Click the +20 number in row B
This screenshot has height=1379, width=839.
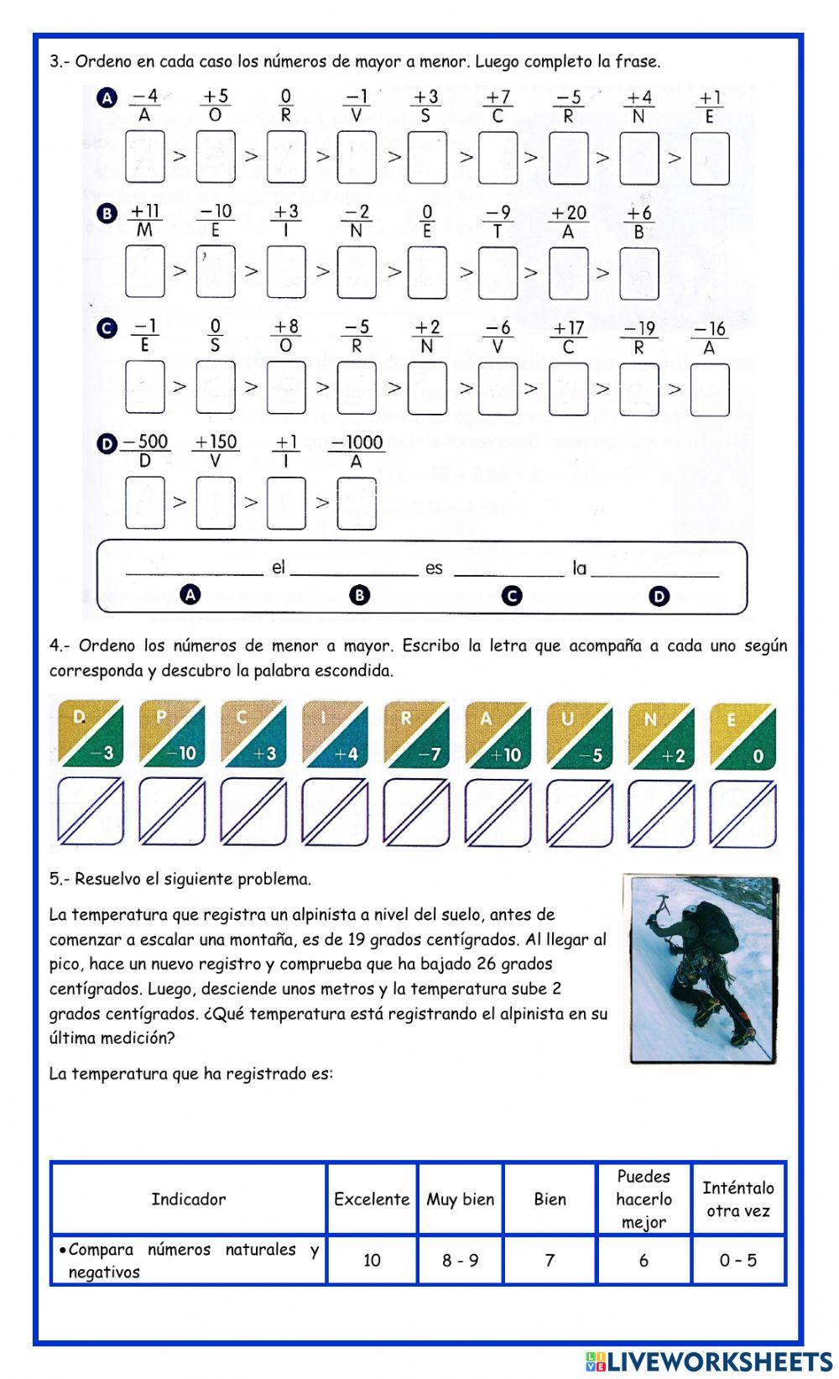point(568,213)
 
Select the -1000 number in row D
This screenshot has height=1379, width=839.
point(357,442)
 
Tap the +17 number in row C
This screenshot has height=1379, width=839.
point(568,327)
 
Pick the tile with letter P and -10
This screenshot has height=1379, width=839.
point(172,734)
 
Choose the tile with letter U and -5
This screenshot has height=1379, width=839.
point(580,734)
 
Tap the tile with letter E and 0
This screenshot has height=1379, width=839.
point(743,734)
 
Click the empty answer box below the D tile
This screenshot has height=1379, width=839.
point(91,812)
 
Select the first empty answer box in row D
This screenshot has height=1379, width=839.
point(144,502)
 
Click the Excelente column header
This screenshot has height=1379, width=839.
point(372,1199)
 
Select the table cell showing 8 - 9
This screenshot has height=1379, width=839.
point(461,1260)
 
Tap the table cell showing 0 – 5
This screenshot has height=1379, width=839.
point(738,1260)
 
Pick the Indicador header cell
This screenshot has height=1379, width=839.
point(189,1199)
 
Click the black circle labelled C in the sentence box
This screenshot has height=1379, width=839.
point(511,596)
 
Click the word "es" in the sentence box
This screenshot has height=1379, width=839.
point(434,568)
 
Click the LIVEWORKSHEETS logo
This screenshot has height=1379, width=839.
point(709,1361)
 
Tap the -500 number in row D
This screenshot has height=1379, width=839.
point(145,442)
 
